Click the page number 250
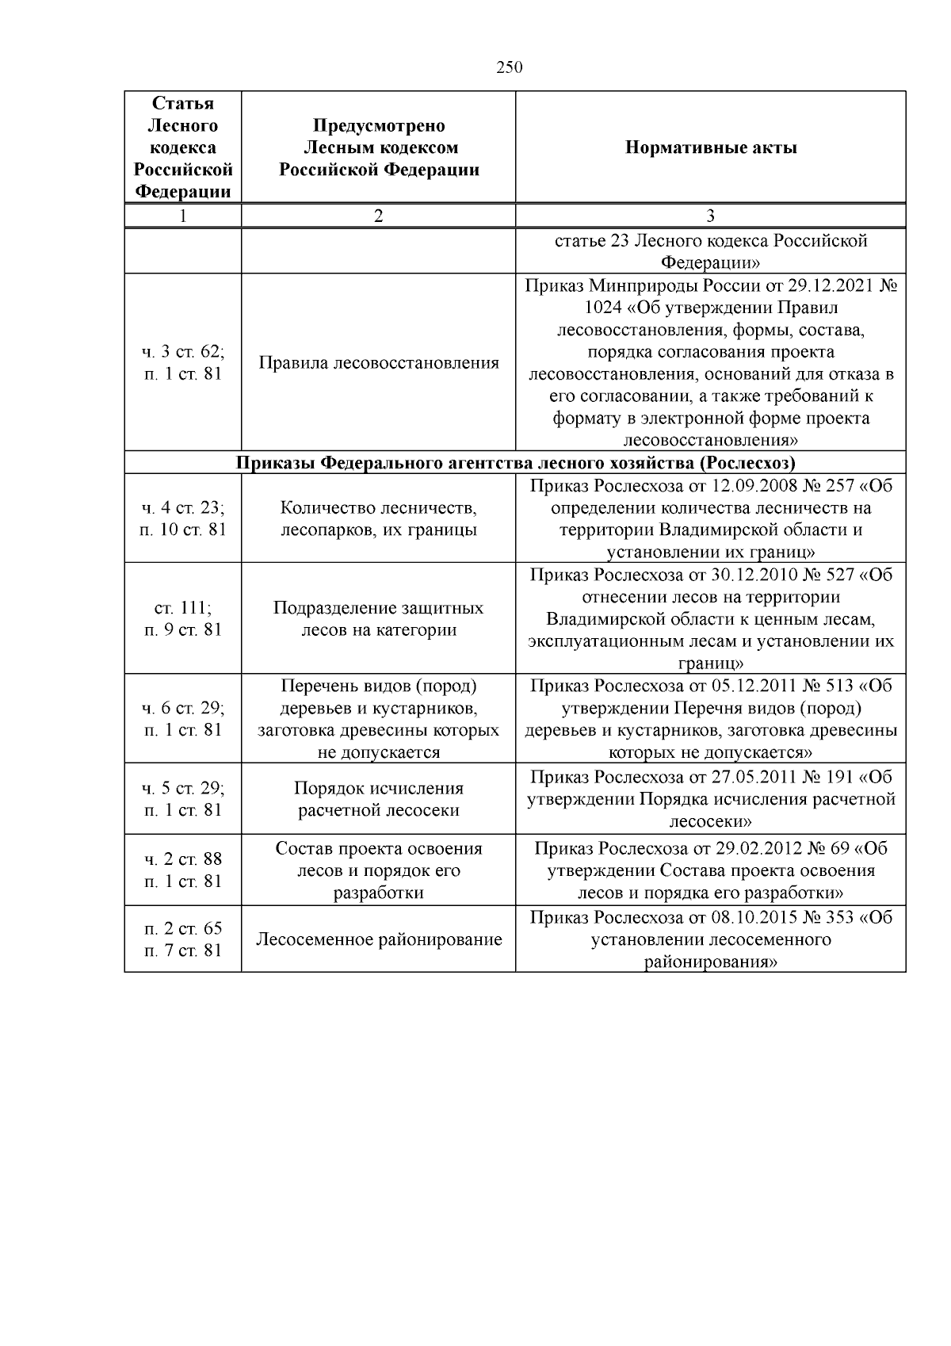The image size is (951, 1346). (510, 68)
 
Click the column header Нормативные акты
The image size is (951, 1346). (710, 147)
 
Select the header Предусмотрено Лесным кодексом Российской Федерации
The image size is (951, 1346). (378, 147)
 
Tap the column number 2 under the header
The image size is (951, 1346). (378, 216)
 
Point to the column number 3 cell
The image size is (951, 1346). (710, 216)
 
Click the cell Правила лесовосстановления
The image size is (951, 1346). (378, 363)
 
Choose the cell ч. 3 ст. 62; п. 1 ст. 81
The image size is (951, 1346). (183, 363)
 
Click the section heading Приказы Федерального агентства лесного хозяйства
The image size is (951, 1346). (515, 463)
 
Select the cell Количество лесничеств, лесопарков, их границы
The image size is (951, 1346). (378, 518)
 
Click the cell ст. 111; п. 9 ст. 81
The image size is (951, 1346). (183, 619)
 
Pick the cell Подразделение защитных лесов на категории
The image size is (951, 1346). (378, 619)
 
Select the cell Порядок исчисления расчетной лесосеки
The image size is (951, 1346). (378, 799)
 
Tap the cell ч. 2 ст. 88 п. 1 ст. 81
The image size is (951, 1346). (183, 870)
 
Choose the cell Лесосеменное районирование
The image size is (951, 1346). (378, 940)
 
